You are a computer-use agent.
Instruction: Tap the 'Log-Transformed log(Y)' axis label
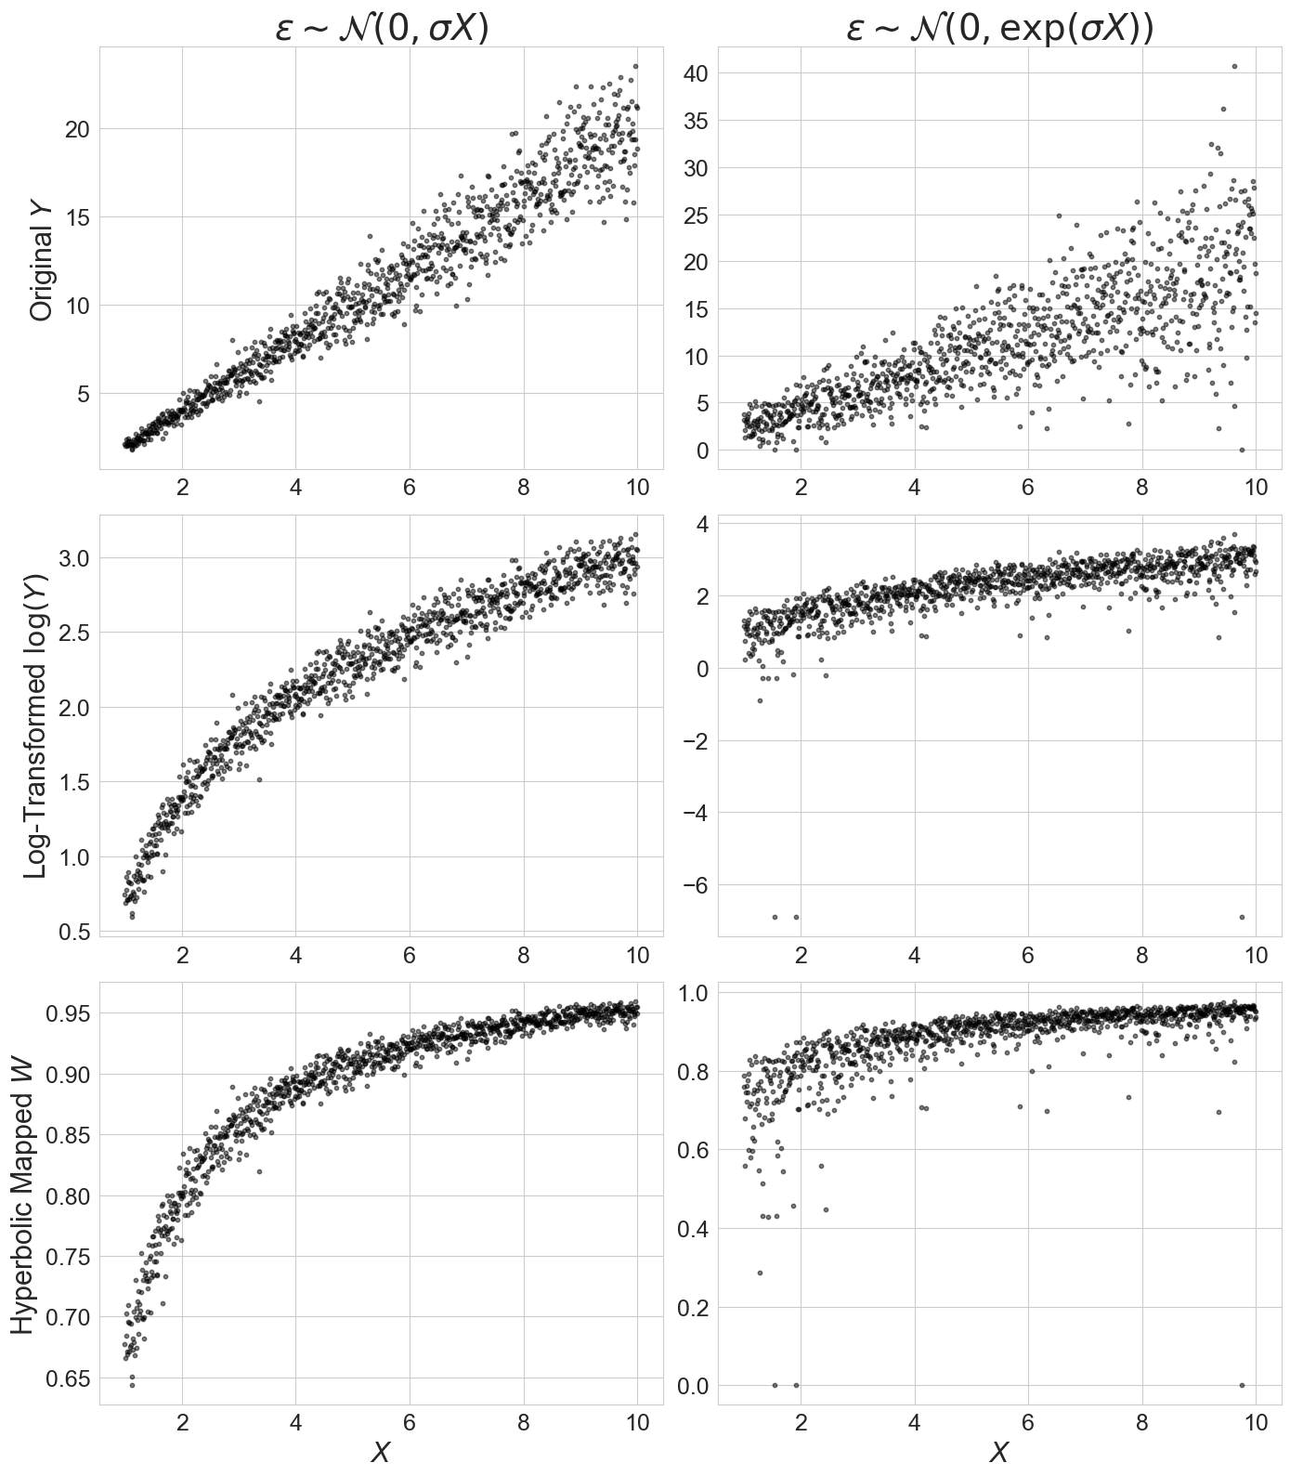coord(37,725)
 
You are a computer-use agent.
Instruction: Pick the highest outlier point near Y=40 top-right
coord(1234,66)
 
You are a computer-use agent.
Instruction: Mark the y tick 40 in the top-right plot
coord(697,73)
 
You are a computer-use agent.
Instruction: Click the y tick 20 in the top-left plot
coord(77,128)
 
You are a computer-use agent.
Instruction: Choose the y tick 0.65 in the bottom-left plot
coord(69,1378)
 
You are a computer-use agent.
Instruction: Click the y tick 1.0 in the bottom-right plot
coord(692,993)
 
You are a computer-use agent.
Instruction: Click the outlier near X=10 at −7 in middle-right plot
coord(1242,917)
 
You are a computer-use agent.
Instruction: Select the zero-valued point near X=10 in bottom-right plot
coord(1242,1385)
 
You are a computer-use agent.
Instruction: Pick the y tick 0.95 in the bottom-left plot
coord(69,1013)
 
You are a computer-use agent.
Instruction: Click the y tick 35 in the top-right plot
coord(697,121)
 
